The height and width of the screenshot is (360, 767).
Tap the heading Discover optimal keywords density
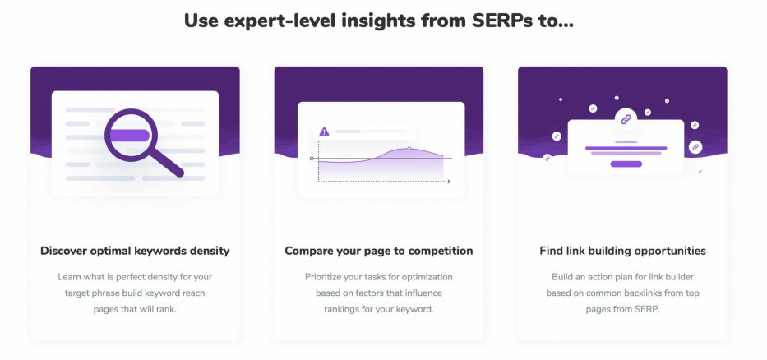coord(135,251)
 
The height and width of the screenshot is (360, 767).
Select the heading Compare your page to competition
coord(379,251)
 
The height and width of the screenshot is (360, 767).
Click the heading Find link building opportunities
coord(622,251)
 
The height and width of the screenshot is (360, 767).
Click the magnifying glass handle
coord(166,162)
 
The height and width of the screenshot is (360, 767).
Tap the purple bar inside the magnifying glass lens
coord(130,136)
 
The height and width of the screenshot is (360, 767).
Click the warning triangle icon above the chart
coord(324,131)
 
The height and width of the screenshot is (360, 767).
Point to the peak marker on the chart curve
coord(409,148)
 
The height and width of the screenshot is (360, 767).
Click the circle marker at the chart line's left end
coord(312,159)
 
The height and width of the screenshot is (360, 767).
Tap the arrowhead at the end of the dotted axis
coord(449,182)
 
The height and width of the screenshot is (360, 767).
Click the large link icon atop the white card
coord(626,119)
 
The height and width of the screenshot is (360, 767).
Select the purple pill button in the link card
coord(626,164)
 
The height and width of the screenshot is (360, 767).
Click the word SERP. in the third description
coord(647,309)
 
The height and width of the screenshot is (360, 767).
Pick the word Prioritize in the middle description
coord(322,277)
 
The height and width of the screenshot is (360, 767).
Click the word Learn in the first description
coord(69,277)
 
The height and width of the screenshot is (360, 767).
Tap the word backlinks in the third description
coord(642,293)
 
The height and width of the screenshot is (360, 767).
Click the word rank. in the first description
coord(165,309)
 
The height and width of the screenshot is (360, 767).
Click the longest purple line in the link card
coord(626,148)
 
